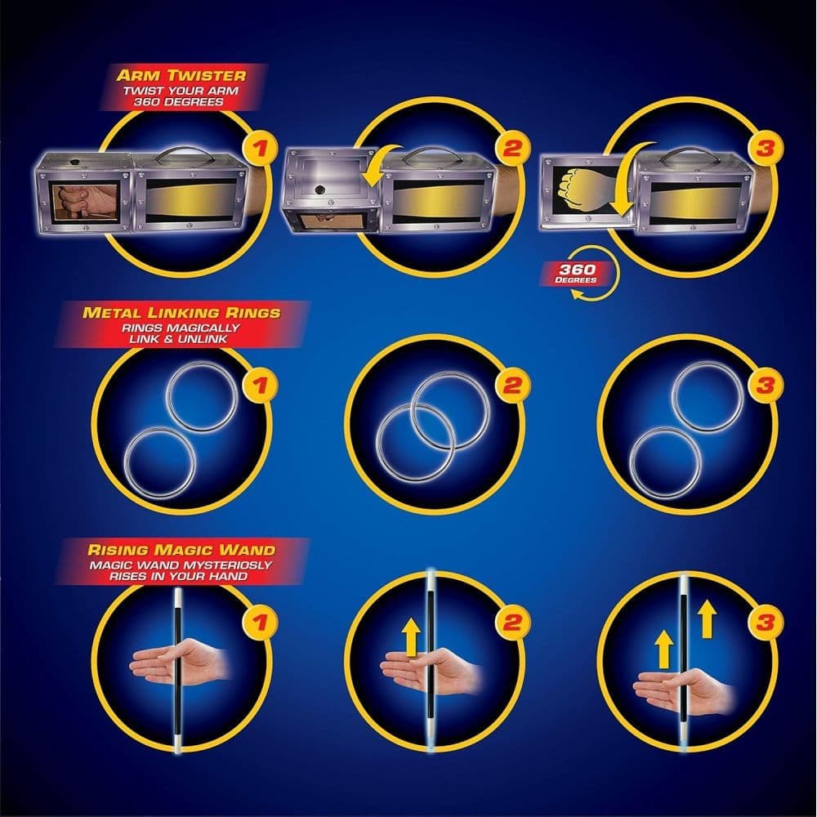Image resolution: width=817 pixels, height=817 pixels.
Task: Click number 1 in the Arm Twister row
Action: coord(261,150)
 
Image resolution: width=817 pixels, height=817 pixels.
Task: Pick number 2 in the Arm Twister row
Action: coord(513,150)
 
